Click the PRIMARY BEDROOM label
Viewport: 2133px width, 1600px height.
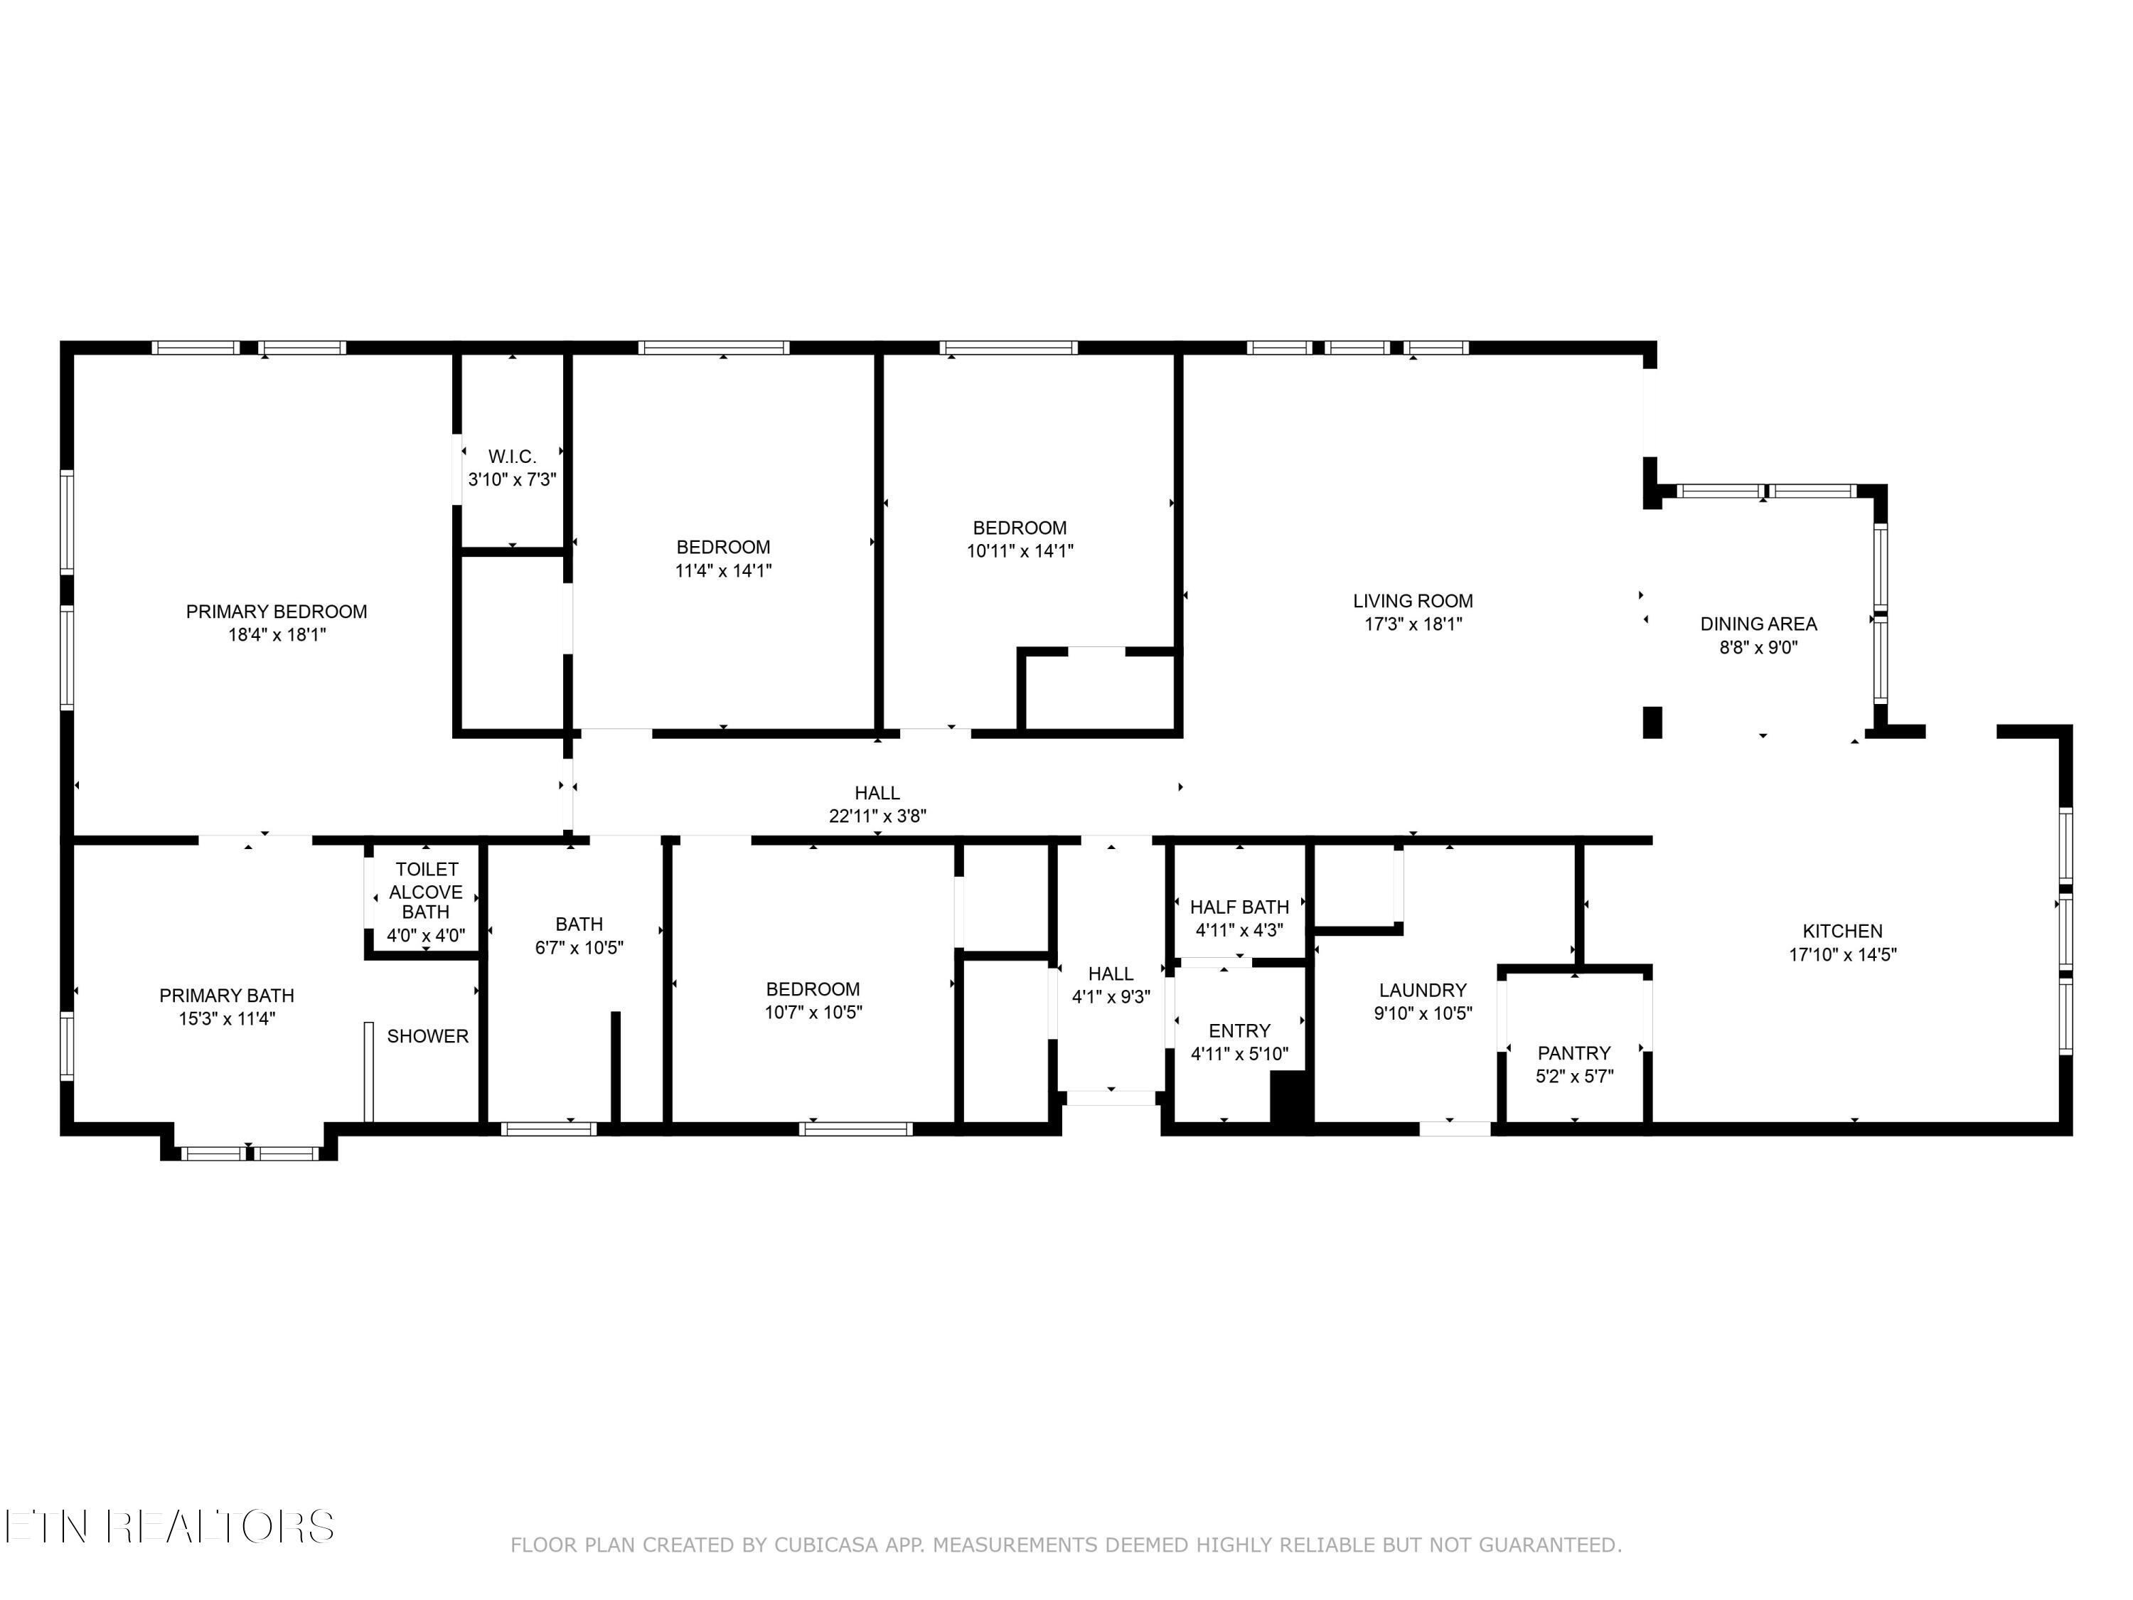tap(276, 612)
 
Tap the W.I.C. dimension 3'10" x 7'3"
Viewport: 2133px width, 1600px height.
tap(512, 479)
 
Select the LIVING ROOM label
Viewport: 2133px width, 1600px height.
tap(1413, 601)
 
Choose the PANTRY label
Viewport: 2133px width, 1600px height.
tap(1573, 1053)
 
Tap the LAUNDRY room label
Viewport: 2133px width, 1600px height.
tap(1422, 990)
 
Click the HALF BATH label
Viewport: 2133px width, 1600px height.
tap(1239, 907)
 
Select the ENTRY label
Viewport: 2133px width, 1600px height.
tap(1239, 1031)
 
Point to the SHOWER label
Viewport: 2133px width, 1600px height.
tap(427, 1036)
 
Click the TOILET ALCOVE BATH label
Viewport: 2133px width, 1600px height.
tap(426, 890)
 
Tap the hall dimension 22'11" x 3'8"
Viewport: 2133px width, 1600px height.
tap(877, 816)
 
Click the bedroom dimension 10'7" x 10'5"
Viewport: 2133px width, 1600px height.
tap(813, 1013)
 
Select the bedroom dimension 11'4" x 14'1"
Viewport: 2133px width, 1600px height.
tap(723, 570)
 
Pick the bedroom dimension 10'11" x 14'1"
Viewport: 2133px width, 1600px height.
tap(1020, 550)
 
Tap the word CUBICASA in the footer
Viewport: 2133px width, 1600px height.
tap(825, 1545)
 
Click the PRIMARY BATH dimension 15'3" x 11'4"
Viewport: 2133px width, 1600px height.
tap(227, 1018)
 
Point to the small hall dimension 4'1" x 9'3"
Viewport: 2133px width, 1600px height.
tap(1111, 997)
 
